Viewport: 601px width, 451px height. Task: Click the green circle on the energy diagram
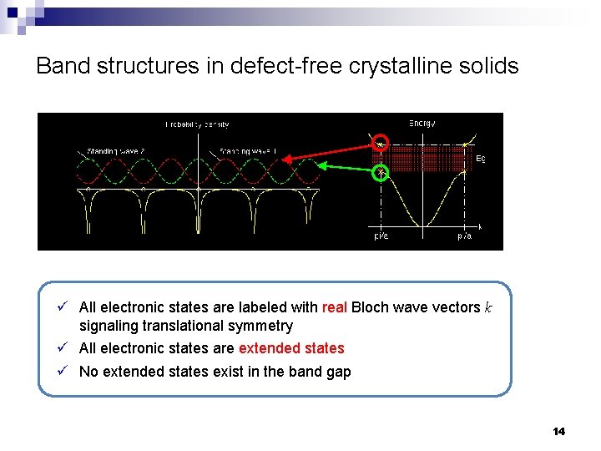pos(381,173)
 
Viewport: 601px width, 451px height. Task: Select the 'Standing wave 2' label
pos(116,151)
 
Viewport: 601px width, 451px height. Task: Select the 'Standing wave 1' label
pos(248,151)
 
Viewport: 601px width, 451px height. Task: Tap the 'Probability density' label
pos(197,124)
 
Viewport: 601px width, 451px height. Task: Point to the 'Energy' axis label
pos(422,124)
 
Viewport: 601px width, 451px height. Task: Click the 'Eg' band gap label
pos(481,158)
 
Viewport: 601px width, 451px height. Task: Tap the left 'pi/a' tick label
pos(380,236)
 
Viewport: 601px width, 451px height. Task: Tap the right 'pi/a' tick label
pos(465,236)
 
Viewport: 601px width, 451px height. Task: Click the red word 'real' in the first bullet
pos(334,307)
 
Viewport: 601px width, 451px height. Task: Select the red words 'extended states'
pos(291,348)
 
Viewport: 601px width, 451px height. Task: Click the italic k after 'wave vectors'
pos(488,307)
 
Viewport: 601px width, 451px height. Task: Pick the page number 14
pos(558,431)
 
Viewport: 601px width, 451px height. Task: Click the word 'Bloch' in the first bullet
pos(370,307)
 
